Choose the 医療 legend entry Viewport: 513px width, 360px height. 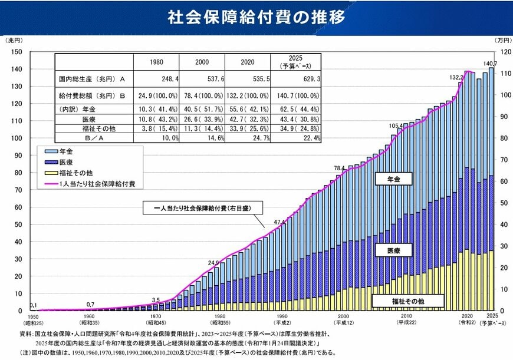coord(66,163)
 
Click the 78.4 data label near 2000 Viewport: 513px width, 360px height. coord(339,168)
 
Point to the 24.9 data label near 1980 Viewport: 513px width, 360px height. coord(213,263)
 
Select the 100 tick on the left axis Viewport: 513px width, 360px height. coord(17,138)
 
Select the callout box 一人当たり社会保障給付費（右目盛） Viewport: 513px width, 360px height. coord(203,209)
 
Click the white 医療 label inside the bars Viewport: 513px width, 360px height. coord(394,250)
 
